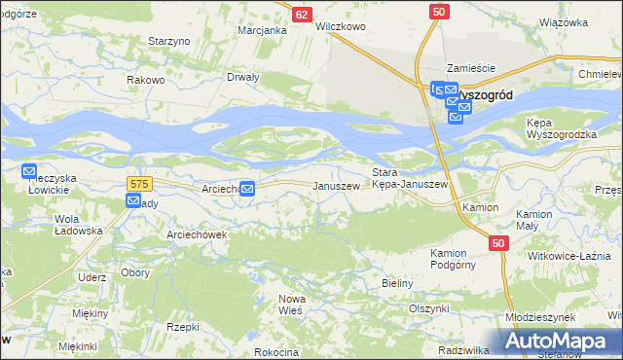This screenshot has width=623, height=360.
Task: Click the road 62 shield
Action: tap(302, 15)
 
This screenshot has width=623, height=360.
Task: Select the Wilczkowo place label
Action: tap(340, 27)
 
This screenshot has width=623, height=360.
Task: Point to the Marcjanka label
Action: tap(262, 30)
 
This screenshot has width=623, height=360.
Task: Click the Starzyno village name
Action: tap(168, 41)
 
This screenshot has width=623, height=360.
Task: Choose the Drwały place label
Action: tap(242, 77)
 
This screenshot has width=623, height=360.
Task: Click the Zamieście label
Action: tap(471, 68)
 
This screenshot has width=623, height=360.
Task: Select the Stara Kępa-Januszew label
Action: tap(410, 178)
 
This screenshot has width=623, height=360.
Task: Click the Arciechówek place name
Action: tap(169, 234)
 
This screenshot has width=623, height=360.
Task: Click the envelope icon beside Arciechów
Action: tap(248, 189)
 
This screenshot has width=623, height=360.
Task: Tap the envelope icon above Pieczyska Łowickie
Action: tap(29, 171)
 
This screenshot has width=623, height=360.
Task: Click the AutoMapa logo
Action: tap(558, 342)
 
